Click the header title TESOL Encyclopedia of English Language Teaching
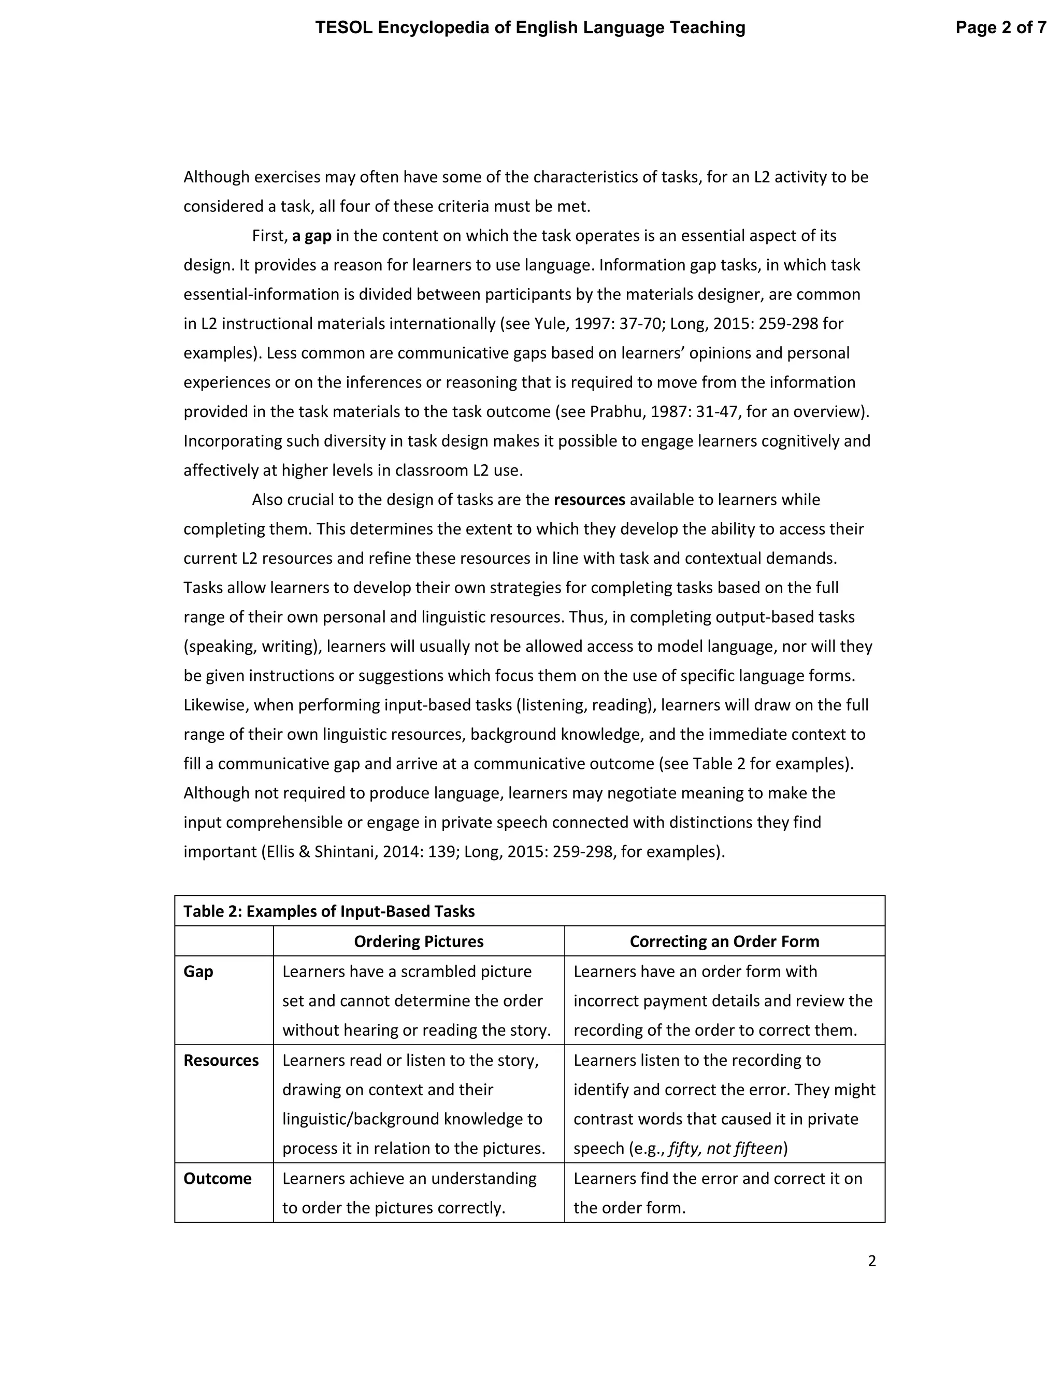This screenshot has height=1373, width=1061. (530, 27)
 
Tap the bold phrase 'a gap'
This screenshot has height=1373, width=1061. (311, 236)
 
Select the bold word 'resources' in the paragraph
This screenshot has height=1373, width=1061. (589, 500)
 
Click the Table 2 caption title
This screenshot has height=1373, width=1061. (329, 911)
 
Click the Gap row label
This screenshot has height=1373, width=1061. (198, 972)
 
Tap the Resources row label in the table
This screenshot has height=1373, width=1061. (221, 1061)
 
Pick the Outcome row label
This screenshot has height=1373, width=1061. (217, 1179)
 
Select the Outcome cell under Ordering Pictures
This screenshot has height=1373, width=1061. (409, 1193)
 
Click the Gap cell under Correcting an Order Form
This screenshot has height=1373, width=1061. (723, 1001)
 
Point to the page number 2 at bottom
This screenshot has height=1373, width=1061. (871, 1261)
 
